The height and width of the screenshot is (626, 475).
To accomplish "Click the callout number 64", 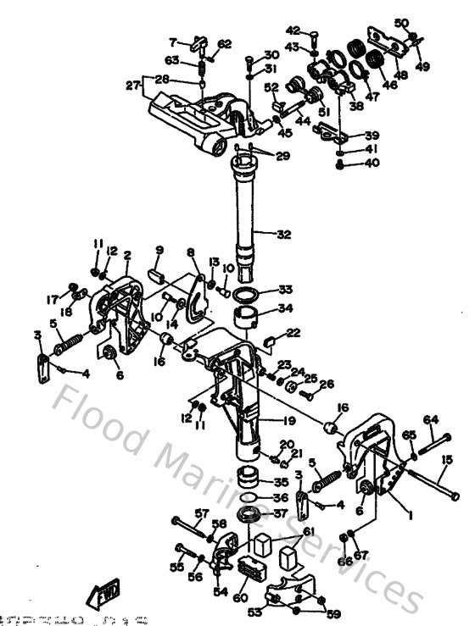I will click(x=431, y=418).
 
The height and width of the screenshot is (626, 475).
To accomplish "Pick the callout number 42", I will click(x=293, y=31).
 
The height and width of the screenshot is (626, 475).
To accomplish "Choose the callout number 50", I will click(x=402, y=23).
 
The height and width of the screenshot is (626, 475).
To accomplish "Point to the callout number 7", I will click(x=172, y=41).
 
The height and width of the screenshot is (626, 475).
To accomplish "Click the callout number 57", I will click(x=202, y=513).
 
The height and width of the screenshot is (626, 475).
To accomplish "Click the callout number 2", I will click(x=127, y=254).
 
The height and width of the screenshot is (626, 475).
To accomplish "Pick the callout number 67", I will click(x=361, y=555).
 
